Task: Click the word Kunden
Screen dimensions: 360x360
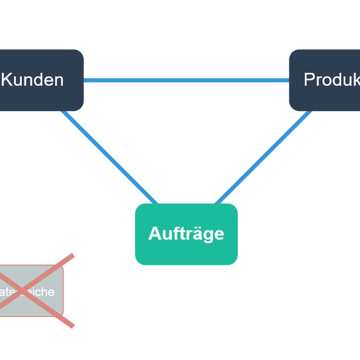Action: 32,80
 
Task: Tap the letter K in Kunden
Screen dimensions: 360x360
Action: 7,80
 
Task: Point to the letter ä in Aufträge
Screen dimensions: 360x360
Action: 194,234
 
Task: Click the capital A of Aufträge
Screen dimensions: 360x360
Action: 154,234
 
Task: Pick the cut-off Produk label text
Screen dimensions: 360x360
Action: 331,80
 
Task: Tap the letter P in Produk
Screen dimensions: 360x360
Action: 309,80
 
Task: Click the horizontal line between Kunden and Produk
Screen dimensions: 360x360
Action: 186,80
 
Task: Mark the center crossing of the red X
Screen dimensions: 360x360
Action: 23,291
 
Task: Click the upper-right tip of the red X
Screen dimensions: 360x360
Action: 72,256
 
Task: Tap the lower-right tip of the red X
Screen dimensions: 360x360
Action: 72,326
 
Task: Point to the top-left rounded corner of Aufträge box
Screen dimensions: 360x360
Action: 139,207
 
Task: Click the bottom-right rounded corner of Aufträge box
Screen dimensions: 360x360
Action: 234,261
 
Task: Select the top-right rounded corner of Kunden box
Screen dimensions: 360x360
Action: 80,53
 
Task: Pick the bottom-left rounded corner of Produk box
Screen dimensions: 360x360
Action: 292,107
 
